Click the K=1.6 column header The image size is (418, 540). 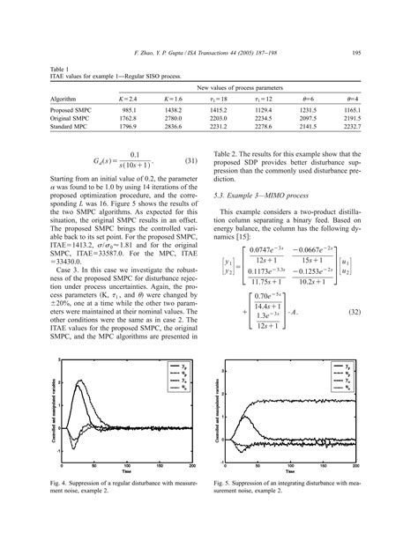[172, 99]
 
